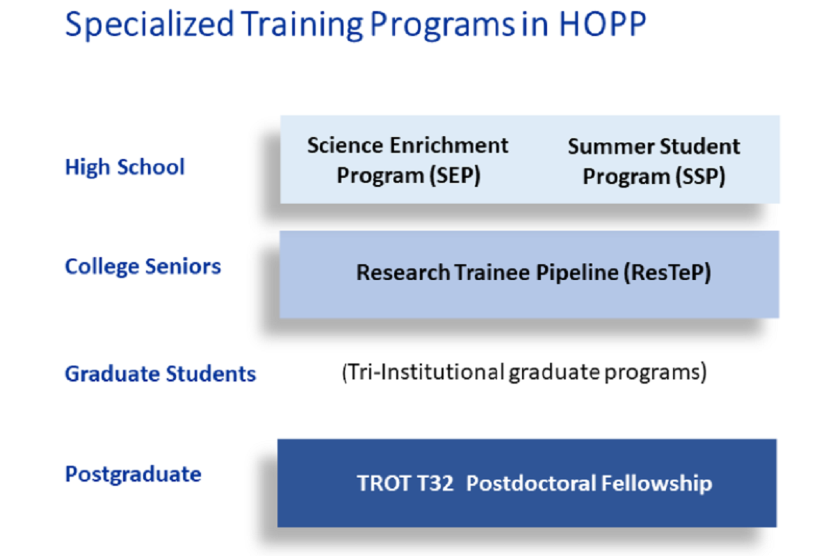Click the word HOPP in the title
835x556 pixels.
pos(602,24)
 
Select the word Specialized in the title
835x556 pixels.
pos(149,25)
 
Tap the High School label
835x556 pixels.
pos(125,167)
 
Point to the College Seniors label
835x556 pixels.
pos(143,267)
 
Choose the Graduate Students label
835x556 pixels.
pos(161,373)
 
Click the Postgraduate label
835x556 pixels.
pos(133,475)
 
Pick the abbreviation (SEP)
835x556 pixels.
pos(455,176)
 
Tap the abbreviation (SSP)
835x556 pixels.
pos(700,177)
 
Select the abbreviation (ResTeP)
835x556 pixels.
pos(667,272)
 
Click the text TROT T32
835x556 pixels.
pos(405,483)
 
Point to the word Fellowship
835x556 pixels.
pos(656,483)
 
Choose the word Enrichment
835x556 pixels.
pos(449,145)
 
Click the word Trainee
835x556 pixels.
pos(492,272)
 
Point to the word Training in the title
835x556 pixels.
pos(302,25)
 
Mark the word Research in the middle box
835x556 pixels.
pos(403,272)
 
